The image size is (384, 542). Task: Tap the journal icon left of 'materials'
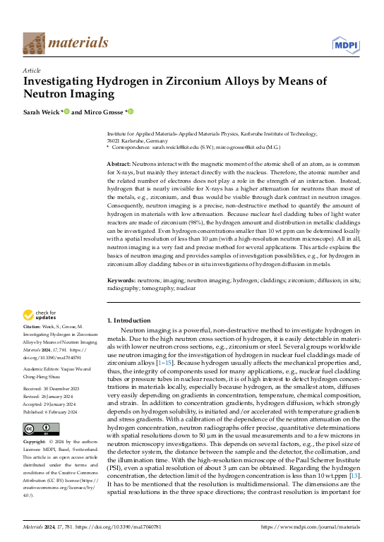[x=33, y=43]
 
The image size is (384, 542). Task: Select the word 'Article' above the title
[x=32, y=71]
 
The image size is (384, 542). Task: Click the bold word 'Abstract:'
[x=122, y=162]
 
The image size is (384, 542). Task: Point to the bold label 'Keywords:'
[x=124, y=280]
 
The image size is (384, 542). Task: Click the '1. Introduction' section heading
[x=131, y=320]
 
